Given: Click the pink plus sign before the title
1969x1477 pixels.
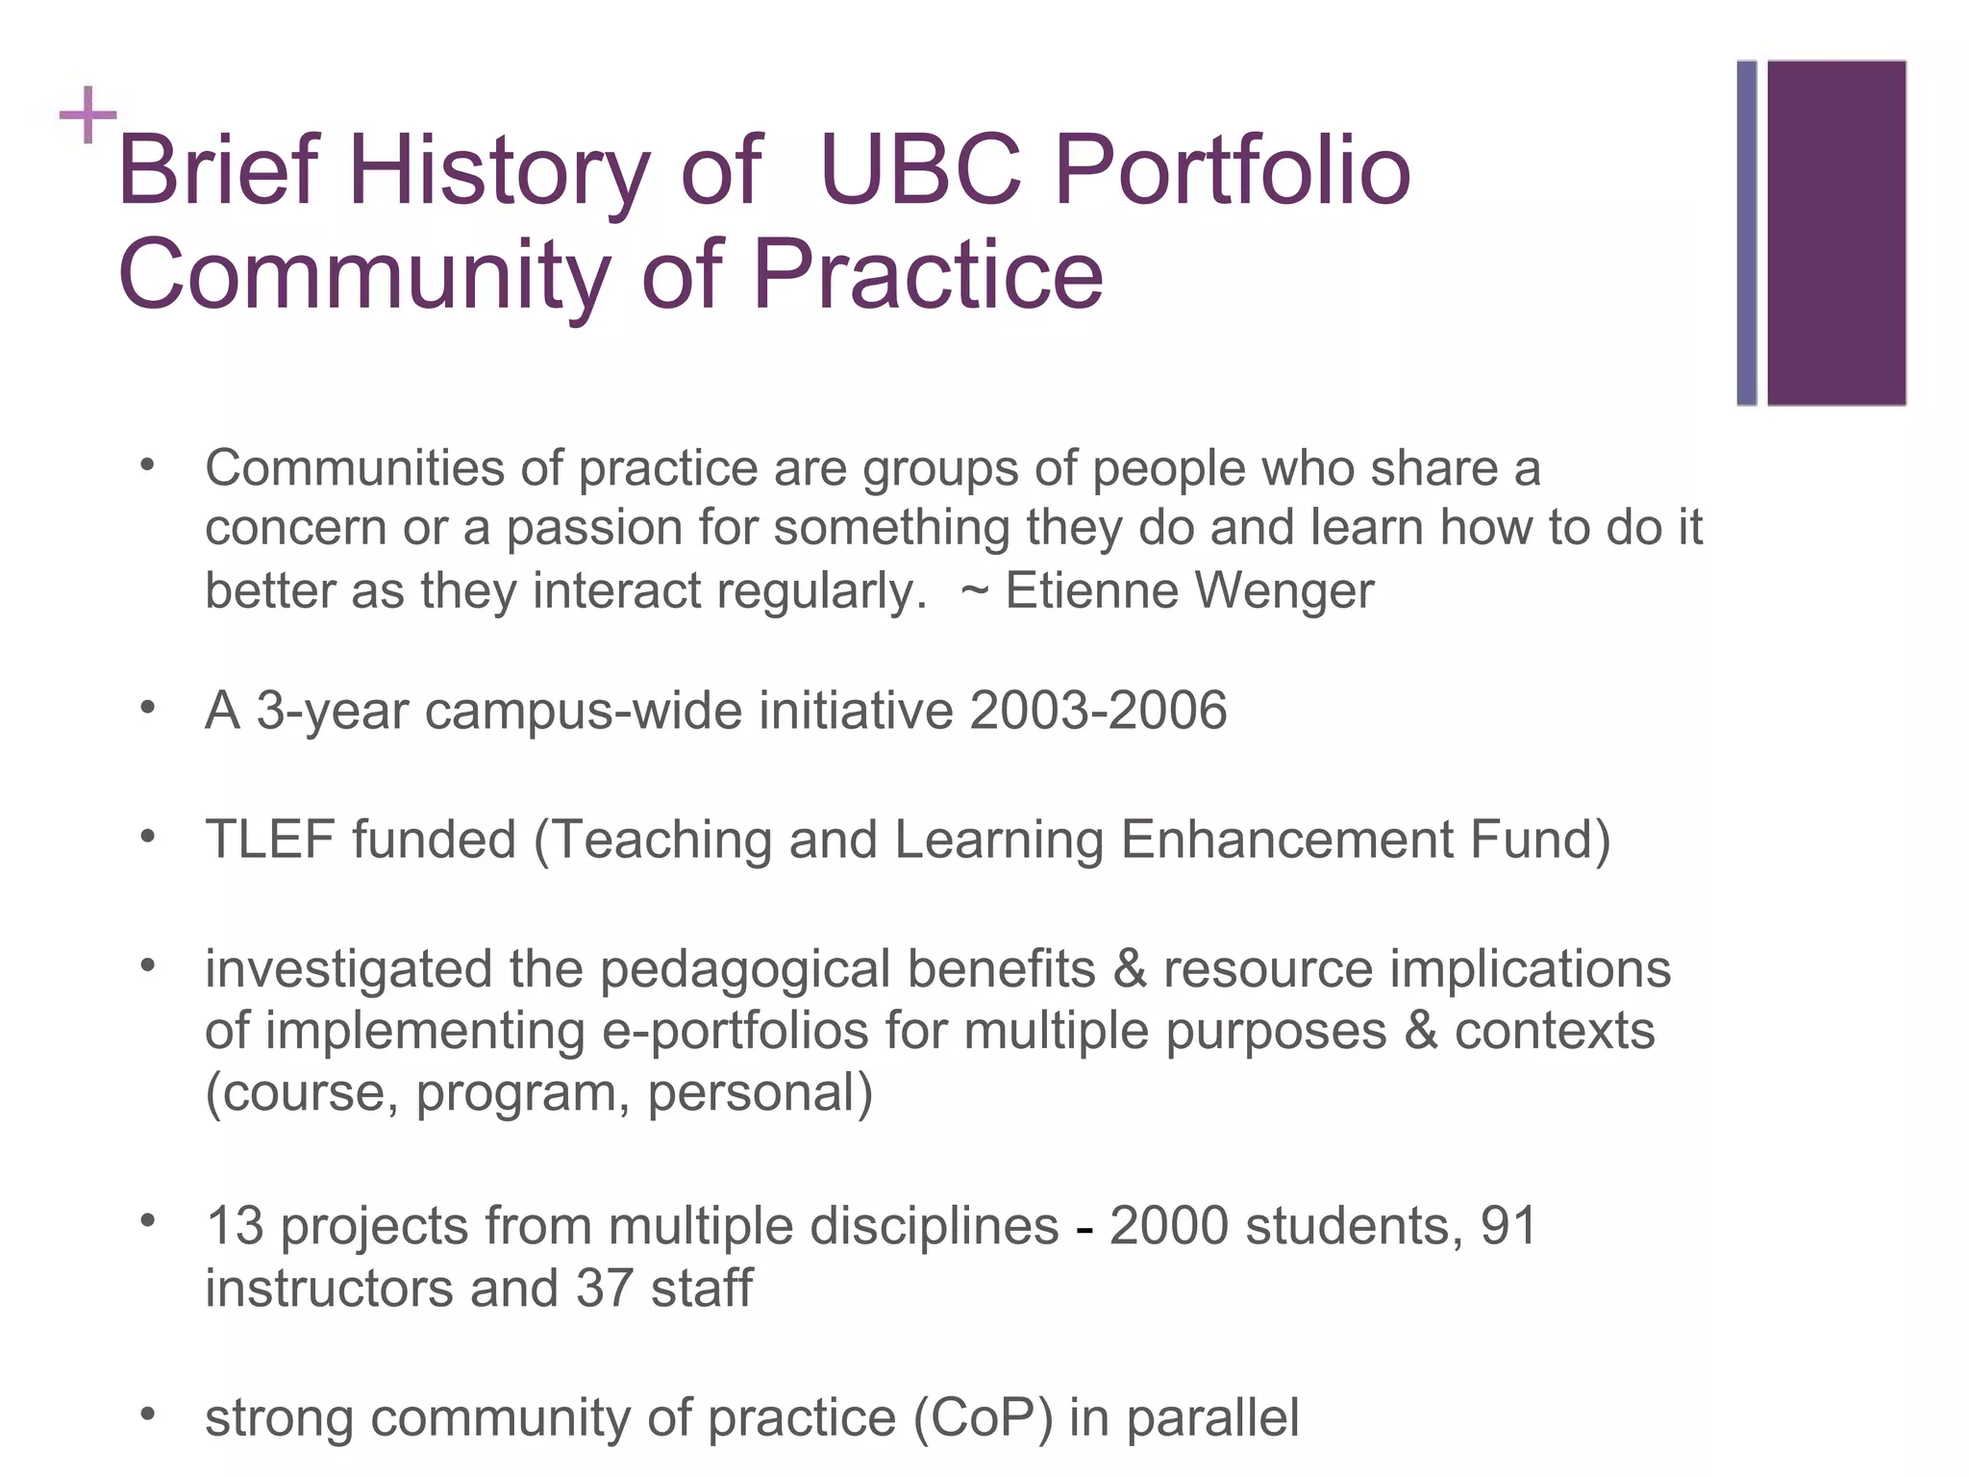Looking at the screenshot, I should tap(87, 115).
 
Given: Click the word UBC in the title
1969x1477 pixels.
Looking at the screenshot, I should tap(921, 171).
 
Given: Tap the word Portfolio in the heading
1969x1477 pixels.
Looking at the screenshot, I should tap(1233, 171).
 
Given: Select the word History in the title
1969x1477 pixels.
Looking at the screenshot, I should tap(499, 171).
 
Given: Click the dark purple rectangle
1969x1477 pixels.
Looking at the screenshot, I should tap(1836, 233).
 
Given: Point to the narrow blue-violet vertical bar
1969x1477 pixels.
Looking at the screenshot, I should tap(1747, 233).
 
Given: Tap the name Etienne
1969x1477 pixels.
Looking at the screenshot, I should tap(1091, 589).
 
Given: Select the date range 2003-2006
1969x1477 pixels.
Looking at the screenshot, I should tap(1098, 711).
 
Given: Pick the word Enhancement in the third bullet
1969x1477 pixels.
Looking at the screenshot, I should tap(1286, 839).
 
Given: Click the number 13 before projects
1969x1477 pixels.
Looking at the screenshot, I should tap(235, 1226).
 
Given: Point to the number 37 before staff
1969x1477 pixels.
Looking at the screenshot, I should tap(605, 1289).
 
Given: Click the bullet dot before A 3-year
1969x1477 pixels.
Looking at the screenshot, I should tap(147, 708).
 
